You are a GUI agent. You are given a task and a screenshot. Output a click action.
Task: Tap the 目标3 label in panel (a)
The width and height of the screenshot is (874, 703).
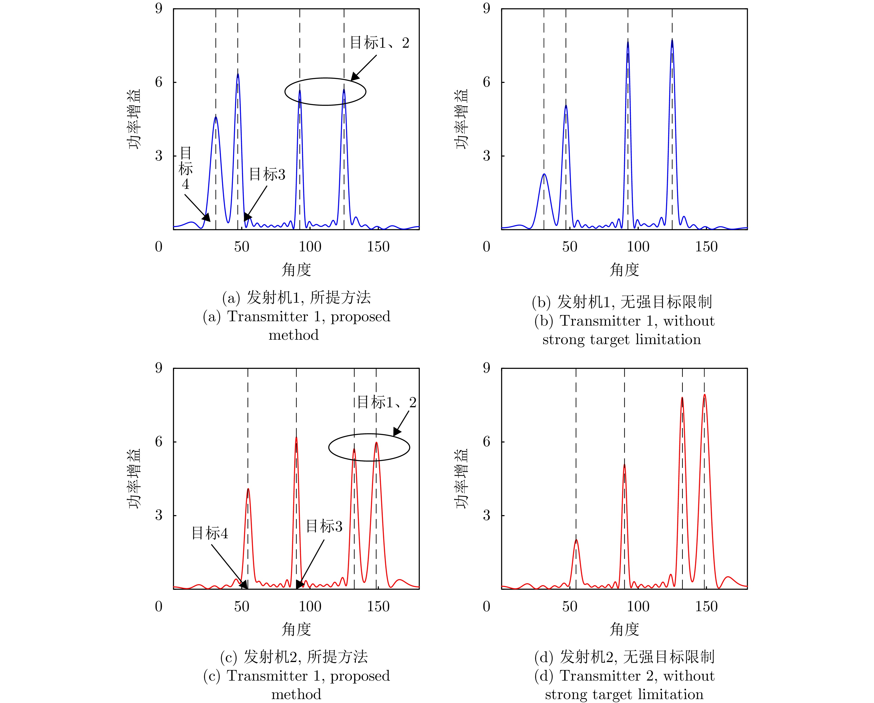pos(267,174)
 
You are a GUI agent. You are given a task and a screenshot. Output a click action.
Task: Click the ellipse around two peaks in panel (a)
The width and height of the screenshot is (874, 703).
pos(325,78)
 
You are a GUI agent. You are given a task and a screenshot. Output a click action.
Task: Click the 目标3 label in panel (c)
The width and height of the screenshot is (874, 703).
pos(324,526)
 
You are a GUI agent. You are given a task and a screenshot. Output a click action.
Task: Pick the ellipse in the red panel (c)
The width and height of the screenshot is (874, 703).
pos(369,434)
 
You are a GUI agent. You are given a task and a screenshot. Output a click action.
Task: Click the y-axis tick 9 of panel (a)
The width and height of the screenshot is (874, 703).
pos(159,9)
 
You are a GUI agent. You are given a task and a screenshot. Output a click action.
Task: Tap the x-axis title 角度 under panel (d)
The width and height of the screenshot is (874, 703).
pos(624,629)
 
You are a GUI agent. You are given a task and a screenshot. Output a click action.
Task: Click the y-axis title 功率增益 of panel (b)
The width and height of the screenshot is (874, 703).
pos(462,119)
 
